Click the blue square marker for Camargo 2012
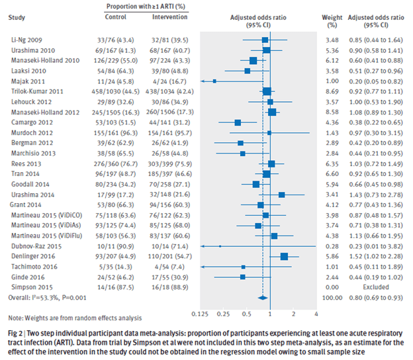[238, 122]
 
